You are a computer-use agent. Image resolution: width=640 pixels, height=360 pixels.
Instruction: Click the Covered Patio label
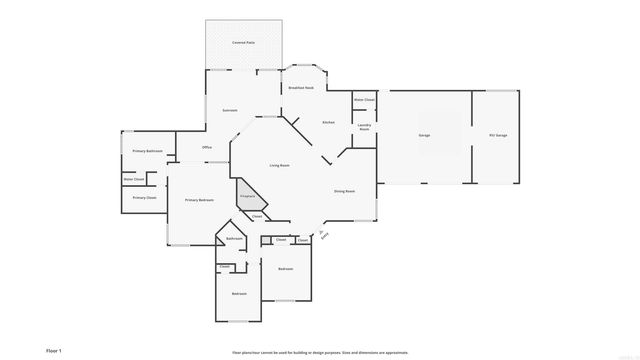(243, 43)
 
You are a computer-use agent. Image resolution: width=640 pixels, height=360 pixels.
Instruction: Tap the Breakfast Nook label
(301, 88)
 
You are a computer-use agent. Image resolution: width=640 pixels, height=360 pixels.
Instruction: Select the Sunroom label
(229, 110)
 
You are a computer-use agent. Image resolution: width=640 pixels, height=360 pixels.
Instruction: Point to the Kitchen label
(328, 122)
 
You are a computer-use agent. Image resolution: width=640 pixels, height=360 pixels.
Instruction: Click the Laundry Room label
(365, 128)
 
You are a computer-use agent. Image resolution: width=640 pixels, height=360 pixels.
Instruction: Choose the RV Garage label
(497, 135)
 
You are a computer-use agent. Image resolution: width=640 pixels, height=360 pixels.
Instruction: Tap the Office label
(207, 148)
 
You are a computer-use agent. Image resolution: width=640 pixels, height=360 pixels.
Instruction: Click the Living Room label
(279, 165)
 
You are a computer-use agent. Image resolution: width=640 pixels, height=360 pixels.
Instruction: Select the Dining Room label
(344, 190)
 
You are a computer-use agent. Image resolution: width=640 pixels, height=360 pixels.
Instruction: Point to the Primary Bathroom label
(147, 151)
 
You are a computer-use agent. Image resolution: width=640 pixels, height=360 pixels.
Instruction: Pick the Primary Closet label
(144, 198)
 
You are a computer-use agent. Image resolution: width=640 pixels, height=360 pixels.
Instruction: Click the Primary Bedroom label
(199, 201)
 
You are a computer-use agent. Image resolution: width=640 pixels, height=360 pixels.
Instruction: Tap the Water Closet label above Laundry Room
(364, 100)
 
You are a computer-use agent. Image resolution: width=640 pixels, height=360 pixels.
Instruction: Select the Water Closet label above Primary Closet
(135, 180)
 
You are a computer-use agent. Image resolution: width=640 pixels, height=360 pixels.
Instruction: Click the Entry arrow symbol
(322, 233)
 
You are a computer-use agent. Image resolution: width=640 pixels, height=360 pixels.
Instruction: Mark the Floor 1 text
(54, 351)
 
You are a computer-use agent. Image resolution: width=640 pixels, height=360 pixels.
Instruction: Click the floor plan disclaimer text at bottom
(320, 352)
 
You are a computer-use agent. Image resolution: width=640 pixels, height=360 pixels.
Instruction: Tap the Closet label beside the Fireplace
(256, 216)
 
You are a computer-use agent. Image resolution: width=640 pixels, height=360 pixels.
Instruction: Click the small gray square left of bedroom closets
(265, 240)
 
